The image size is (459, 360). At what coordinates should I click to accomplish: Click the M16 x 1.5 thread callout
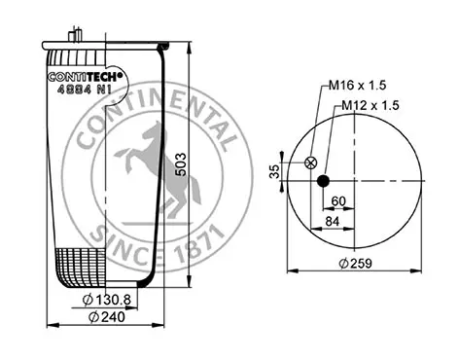[358, 86]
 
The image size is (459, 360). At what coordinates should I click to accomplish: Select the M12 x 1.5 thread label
[371, 105]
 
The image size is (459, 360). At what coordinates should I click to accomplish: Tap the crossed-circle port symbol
[311, 162]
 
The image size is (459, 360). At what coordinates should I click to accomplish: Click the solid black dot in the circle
[323, 181]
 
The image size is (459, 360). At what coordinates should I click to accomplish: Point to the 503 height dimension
[181, 164]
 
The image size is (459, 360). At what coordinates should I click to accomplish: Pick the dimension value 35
[274, 171]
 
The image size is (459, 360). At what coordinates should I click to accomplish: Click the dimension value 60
[338, 201]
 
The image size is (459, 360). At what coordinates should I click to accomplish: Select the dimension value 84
[333, 222]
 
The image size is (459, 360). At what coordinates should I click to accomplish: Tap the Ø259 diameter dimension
[356, 263]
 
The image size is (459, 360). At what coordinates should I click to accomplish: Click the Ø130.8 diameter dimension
[107, 300]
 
